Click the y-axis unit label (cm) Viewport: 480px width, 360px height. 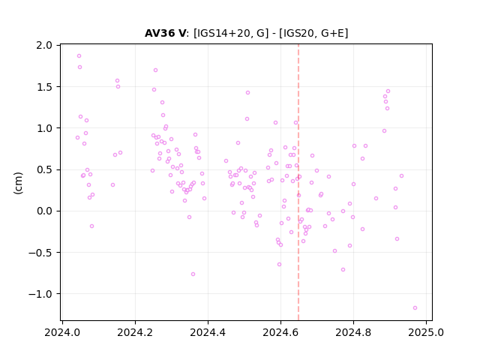point(18,183)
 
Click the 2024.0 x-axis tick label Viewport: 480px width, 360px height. point(62,332)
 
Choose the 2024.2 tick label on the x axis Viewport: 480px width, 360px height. point(135,332)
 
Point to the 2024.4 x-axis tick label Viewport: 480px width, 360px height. point(208,332)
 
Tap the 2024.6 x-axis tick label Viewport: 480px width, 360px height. point(280,332)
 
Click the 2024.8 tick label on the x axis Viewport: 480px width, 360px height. point(353,332)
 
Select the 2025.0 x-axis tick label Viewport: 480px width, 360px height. point(426,332)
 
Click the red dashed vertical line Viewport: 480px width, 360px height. point(298,182)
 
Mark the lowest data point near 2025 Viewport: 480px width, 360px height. point(415,308)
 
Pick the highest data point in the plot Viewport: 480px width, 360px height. point(79,56)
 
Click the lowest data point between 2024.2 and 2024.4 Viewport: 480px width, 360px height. point(193,274)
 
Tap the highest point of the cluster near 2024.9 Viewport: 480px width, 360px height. point(388,91)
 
